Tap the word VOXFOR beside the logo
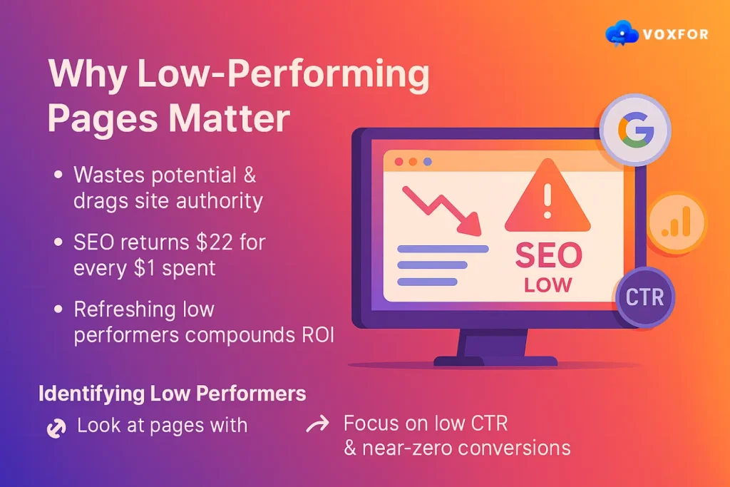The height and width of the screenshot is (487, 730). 676,34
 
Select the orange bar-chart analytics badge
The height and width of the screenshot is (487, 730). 676,222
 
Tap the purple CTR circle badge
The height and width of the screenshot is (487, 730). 644,297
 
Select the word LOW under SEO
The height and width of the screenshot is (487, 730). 547,285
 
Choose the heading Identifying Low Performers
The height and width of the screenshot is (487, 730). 172,394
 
